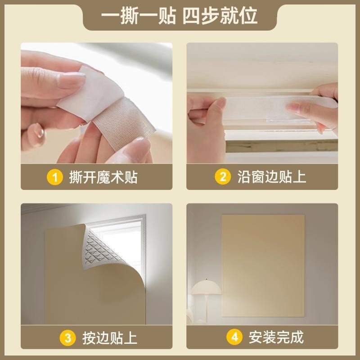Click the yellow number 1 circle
point(54,177)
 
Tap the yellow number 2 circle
point(223,176)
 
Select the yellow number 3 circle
point(68,338)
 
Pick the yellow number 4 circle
point(234,337)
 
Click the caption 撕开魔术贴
point(103,177)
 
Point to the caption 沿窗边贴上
point(272,177)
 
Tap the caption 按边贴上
point(110,338)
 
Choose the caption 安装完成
point(276,337)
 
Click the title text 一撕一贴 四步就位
point(179,16)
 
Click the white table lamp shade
point(206,287)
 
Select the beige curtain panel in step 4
point(263,266)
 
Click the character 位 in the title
point(248,16)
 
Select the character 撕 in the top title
point(129,16)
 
